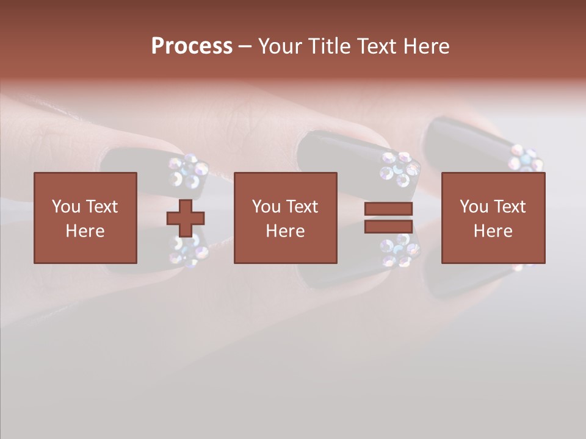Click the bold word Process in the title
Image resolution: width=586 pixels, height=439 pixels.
(x=192, y=46)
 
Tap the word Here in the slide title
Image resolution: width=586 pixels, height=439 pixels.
(x=426, y=46)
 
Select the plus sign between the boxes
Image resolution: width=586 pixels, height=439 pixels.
(x=186, y=218)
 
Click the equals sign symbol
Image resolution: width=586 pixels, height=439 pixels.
(x=388, y=218)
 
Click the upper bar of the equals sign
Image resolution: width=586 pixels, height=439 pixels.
(x=388, y=209)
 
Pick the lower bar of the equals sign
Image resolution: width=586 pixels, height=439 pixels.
(x=388, y=227)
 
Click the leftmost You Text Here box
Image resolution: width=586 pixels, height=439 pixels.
(x=85, y=218)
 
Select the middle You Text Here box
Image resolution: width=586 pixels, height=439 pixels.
(x=285, y=218)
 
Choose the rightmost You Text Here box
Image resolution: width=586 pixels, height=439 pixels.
(x=493, y=218)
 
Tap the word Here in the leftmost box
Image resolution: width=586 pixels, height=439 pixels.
(x=85, y=231)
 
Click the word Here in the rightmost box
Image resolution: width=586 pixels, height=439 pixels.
(x=493, y=231)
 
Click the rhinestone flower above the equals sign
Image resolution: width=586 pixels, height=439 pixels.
(x=399, y=169)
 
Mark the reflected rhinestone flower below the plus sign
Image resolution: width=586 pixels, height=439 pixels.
(x=189, y=250)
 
